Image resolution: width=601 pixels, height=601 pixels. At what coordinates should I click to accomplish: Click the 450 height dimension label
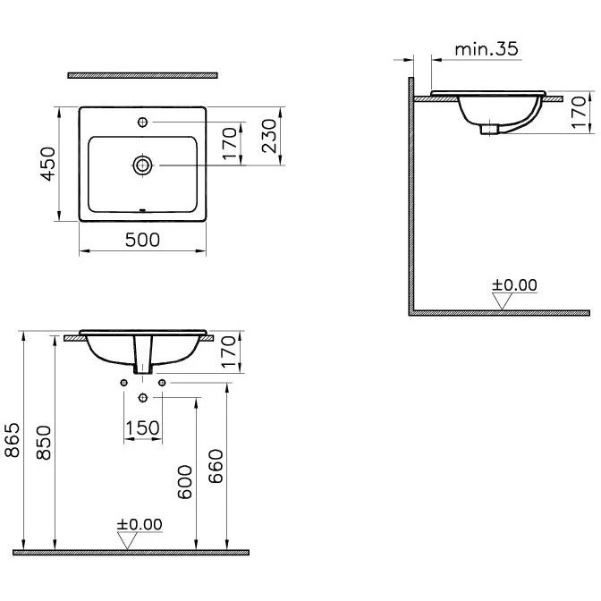[48, 164]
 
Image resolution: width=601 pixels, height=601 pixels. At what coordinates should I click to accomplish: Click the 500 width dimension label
[142, 240]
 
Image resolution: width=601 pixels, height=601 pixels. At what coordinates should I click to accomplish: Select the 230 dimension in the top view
[269, 136]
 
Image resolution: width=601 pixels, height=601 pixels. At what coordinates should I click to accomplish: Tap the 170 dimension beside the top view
[230, 143]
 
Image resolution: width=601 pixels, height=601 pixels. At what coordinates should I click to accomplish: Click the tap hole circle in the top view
[142, 123]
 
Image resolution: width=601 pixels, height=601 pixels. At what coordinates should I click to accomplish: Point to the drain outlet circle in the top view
[142, 165]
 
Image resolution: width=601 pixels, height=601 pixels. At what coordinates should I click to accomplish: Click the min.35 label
[487, 49]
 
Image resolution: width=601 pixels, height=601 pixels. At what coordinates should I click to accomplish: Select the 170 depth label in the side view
[579, 113]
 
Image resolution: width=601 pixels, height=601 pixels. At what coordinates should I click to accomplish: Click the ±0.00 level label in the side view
[514, 285]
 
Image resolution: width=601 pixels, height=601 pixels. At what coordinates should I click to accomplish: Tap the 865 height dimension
[13, 440]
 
